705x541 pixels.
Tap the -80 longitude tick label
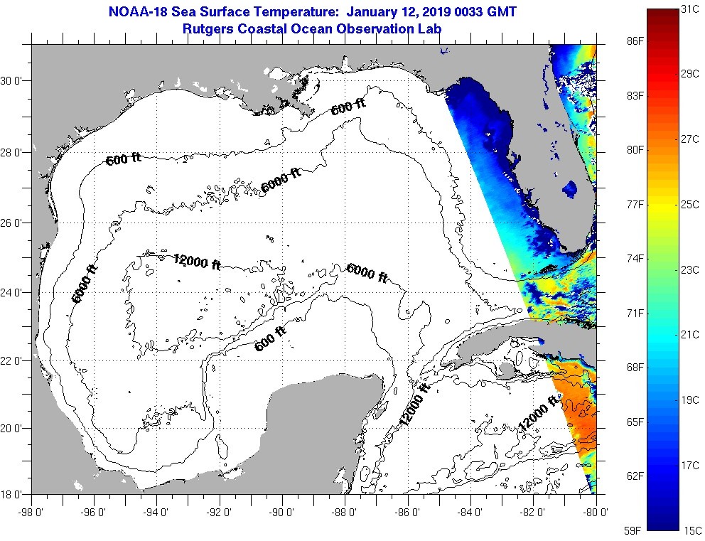596,510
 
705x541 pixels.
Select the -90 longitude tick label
282,510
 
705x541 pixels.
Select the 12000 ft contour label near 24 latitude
196,262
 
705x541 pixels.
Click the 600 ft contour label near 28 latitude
123,159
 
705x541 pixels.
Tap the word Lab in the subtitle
429,28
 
